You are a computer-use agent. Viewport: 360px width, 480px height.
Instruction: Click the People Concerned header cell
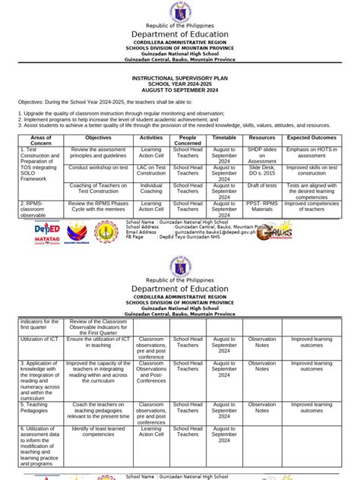click(x=188, y=141)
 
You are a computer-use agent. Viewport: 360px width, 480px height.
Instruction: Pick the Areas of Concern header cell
click(x=41, y=141)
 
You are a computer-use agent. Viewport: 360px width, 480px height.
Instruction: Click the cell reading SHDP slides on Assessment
click(x=262, y=156)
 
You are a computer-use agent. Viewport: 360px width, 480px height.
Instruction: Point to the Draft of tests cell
click(x=262, y=186)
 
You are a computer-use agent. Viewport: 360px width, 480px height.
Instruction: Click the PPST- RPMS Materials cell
click(x=262, y=207)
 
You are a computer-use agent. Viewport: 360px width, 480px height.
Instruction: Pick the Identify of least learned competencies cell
click(x=99, y=432)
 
